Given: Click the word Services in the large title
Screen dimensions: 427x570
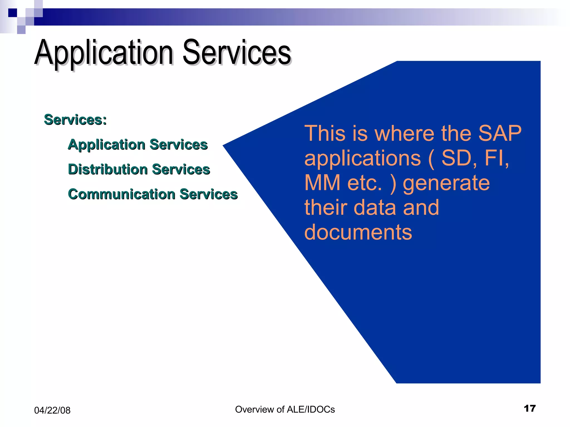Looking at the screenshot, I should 237,53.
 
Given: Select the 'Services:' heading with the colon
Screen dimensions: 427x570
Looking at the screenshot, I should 75,120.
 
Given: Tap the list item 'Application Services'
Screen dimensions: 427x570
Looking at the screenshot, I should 138,145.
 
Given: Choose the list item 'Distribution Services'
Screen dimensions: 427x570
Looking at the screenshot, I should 139,169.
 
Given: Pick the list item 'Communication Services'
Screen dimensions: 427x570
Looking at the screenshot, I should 153,194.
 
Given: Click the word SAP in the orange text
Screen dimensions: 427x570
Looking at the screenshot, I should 500,133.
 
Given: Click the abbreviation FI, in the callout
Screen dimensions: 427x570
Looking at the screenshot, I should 497,158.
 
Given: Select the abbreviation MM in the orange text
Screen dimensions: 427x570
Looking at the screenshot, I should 322,183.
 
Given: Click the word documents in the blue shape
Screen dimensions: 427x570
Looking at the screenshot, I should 358,232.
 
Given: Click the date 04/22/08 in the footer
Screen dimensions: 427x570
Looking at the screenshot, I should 52,410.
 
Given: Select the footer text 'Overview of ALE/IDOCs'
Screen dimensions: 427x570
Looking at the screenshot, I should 285,409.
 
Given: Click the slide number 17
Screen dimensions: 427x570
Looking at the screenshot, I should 529,408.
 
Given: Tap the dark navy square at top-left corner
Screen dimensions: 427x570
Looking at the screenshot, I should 13,13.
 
